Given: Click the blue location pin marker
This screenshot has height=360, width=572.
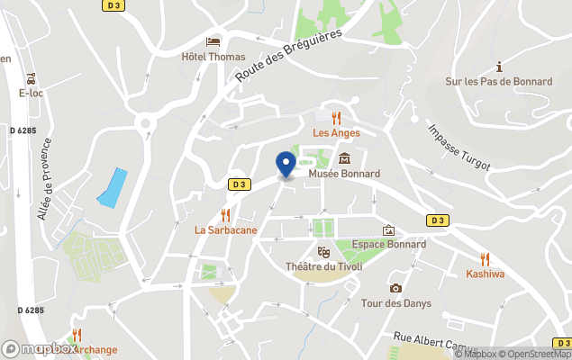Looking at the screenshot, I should point(286,165).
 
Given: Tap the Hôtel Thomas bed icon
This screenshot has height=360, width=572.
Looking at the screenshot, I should point(213,41).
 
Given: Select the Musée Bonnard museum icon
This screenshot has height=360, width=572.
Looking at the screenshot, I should point(344,158).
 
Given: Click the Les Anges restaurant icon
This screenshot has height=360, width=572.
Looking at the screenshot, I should point(336,118).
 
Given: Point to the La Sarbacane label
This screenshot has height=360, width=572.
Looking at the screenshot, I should point(226,229).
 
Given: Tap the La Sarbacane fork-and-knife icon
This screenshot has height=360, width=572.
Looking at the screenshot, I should point(226,215).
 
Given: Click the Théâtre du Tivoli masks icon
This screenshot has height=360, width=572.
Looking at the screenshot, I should point(323,252).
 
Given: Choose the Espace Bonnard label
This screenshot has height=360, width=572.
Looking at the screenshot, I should point(389,245).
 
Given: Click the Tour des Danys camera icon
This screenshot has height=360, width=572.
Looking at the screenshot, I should point(395,288).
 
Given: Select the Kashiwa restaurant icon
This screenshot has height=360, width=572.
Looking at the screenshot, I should point(486,259).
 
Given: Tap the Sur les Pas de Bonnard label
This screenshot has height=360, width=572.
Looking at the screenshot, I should point(499,81).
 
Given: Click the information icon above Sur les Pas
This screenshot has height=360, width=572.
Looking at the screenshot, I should point(499,67).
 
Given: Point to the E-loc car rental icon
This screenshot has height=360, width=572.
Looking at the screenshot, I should point(32,77).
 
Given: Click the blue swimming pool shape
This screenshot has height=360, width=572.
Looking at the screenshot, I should point(112,188).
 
